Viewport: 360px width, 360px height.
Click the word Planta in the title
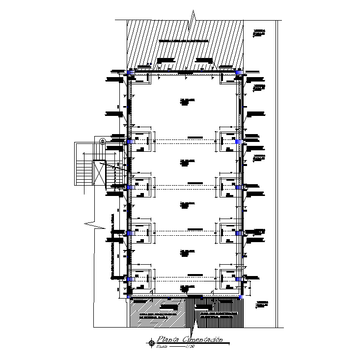pos(167,339)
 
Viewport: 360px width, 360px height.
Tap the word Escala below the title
pos(162,347)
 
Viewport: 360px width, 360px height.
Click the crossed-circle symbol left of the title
pos(151,343)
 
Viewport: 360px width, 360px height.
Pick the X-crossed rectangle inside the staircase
pos(100,174)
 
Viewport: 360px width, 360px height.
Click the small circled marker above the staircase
pos(103,141)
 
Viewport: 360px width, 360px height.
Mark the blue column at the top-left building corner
pos(131,73)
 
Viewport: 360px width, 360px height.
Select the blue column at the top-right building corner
pos(239,73)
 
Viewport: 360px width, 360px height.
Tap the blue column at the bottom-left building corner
pos(130,296)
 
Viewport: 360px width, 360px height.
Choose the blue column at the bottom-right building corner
pos(241,296)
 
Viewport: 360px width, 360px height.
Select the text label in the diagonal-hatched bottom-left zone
pos(154,316)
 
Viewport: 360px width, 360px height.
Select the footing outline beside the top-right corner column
pos(229,78)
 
